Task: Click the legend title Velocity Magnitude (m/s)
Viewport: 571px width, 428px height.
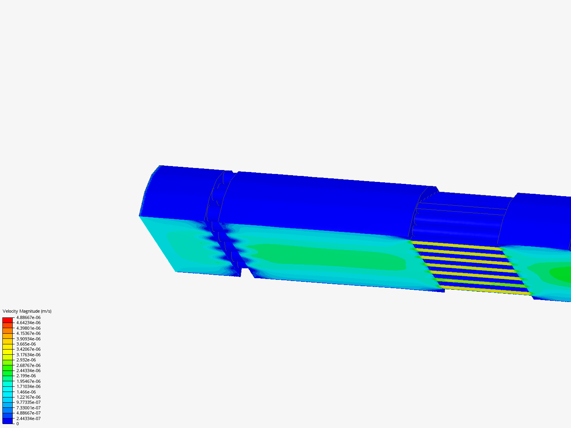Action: pos(27,311)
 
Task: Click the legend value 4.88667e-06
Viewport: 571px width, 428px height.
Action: pos(29,317)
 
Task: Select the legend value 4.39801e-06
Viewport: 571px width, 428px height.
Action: pos(29,328)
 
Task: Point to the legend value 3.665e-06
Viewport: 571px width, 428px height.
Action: pos(26,344)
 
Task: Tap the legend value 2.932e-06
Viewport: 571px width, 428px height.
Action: pos(26,360)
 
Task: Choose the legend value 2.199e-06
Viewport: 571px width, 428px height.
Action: pos(26,376)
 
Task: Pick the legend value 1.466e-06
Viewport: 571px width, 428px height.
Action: pos(26,392)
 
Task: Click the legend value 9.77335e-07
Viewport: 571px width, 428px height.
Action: pos(29,402)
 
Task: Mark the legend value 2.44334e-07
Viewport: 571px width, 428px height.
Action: pos(29,418)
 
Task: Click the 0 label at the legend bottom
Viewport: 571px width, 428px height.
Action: pos(17,424)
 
